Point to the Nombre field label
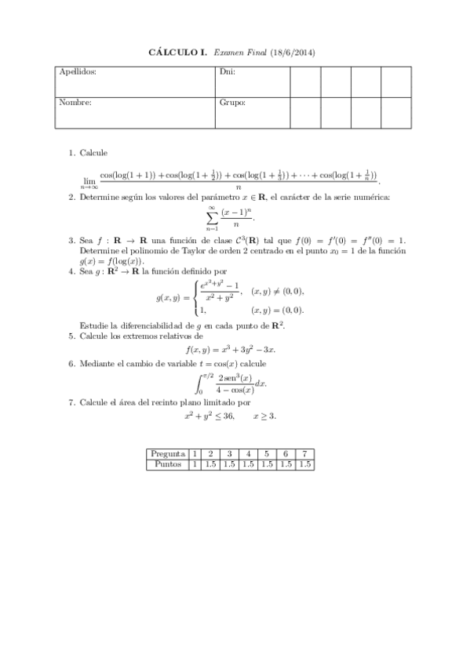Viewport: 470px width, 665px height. tap(75, 102)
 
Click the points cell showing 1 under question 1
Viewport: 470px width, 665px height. tap(195, 463)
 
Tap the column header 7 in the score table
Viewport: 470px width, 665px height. tap(305, 453)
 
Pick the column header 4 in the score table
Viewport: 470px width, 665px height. tap(248, 453)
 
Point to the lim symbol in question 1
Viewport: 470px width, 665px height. tap(89, 180)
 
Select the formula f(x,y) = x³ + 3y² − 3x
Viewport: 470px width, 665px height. tap(233, 350)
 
